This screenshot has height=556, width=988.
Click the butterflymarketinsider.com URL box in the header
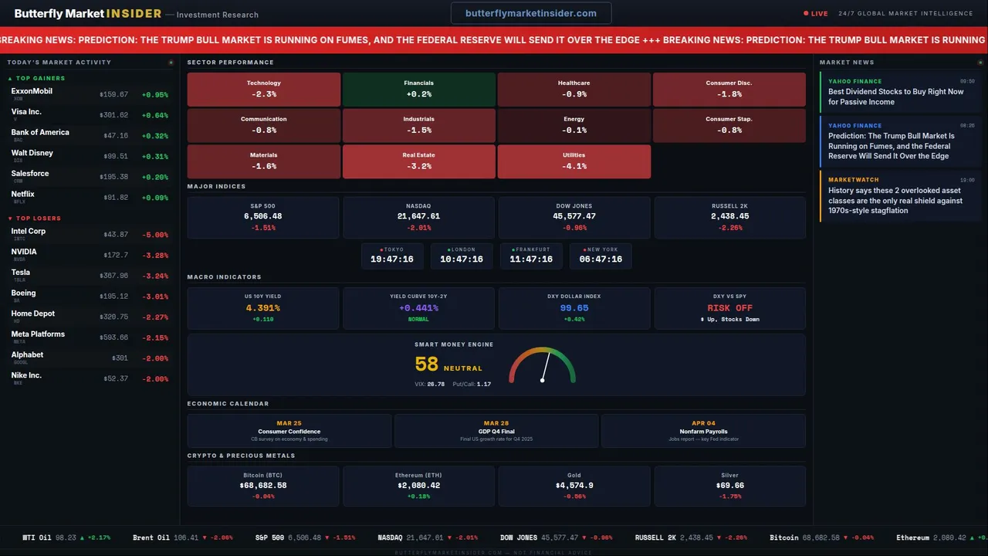tap(531, 13)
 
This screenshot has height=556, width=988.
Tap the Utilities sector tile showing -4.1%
tap(574, 161)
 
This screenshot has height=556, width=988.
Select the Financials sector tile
tap(418, 89)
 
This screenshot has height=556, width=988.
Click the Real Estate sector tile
tap(418, 161)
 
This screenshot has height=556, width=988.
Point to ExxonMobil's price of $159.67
tap(113, 95)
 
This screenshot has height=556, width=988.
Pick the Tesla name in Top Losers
tap(21, 273)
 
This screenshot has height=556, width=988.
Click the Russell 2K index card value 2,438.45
tap(730, 217)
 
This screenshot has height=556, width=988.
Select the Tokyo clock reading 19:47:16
tap(392, 259)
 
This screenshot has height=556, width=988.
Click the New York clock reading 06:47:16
tap(601, 259)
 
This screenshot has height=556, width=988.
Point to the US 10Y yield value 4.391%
tap(263, 308)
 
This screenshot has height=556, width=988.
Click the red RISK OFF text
tap(729, 308)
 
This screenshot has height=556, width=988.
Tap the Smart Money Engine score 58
tap(426, 364)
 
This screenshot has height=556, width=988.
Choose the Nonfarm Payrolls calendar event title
tap(703, 432)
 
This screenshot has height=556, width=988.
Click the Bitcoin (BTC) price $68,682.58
tap(263, 486)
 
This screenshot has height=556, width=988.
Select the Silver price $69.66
tap(729, 486)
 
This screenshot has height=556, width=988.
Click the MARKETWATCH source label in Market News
tap(854, 180)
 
